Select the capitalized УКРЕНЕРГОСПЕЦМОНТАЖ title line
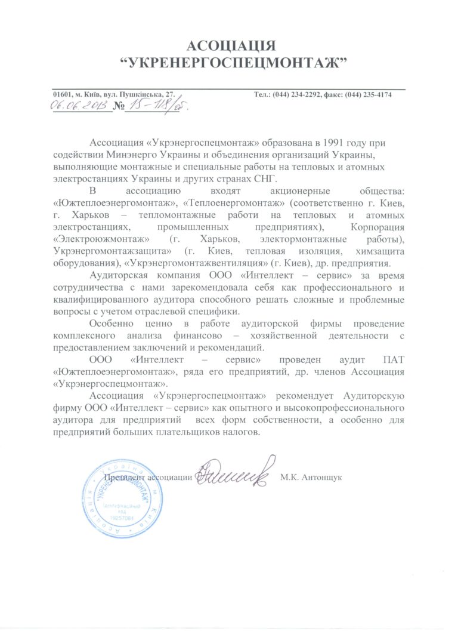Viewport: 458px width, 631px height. click(230, 62)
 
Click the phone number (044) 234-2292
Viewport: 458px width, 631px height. click(301, 95)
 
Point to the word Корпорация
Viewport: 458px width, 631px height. click(376, 227)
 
